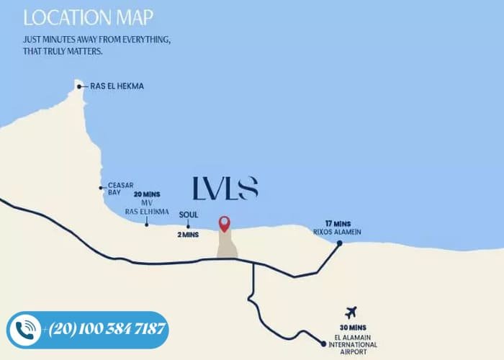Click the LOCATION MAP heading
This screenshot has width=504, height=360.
[87, 17]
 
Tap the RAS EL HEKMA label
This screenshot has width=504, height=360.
[117, 86]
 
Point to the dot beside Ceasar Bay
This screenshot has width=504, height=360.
[102, 188]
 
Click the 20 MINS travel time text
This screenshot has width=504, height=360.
[147, 194]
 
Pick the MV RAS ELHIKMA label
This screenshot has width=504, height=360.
[146, 208]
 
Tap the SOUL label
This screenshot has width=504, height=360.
[188, 214]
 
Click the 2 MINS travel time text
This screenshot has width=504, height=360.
[188, 235]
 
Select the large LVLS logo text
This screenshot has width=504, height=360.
[225, 188]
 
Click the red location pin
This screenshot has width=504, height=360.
[225, 224]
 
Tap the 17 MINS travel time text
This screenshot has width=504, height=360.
[337, 222]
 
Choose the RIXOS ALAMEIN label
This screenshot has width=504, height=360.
[337, 231]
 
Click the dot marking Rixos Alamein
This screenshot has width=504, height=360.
[339, 243]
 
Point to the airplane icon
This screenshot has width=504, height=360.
[351, 312]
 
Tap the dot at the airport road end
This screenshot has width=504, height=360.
[323, 343]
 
